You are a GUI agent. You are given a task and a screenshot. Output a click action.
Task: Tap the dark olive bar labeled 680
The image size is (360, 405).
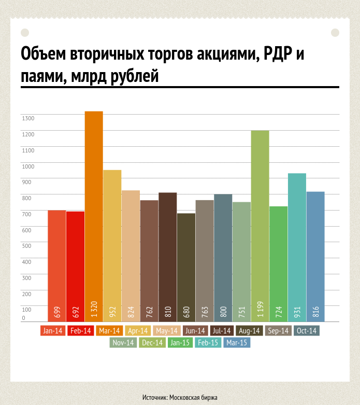[186, 264]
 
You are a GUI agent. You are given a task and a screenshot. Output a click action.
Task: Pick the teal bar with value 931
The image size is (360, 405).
[297, 244]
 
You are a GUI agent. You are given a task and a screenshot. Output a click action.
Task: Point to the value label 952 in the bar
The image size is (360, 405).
[112, 312]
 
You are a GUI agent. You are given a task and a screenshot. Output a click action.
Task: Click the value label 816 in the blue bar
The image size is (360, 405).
[315, 312]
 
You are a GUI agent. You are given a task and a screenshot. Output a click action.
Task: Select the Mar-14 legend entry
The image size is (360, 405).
[109, 330]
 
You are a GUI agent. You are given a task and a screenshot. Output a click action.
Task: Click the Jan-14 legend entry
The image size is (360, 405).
[53, 330]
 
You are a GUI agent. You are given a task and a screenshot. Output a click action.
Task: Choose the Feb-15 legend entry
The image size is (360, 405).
[208, 343]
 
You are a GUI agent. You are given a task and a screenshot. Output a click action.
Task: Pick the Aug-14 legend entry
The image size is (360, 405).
[249, 330]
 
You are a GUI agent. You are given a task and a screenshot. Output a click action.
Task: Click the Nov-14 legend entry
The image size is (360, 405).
[123, 343]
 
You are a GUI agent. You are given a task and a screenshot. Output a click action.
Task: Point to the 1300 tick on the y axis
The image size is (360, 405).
[28, 119]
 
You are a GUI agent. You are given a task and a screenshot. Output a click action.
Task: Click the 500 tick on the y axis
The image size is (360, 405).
[27, 246]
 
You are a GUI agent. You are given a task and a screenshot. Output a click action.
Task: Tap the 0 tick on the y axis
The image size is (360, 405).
[23, 318]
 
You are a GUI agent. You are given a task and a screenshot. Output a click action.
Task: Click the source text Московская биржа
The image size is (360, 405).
[193, 397]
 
